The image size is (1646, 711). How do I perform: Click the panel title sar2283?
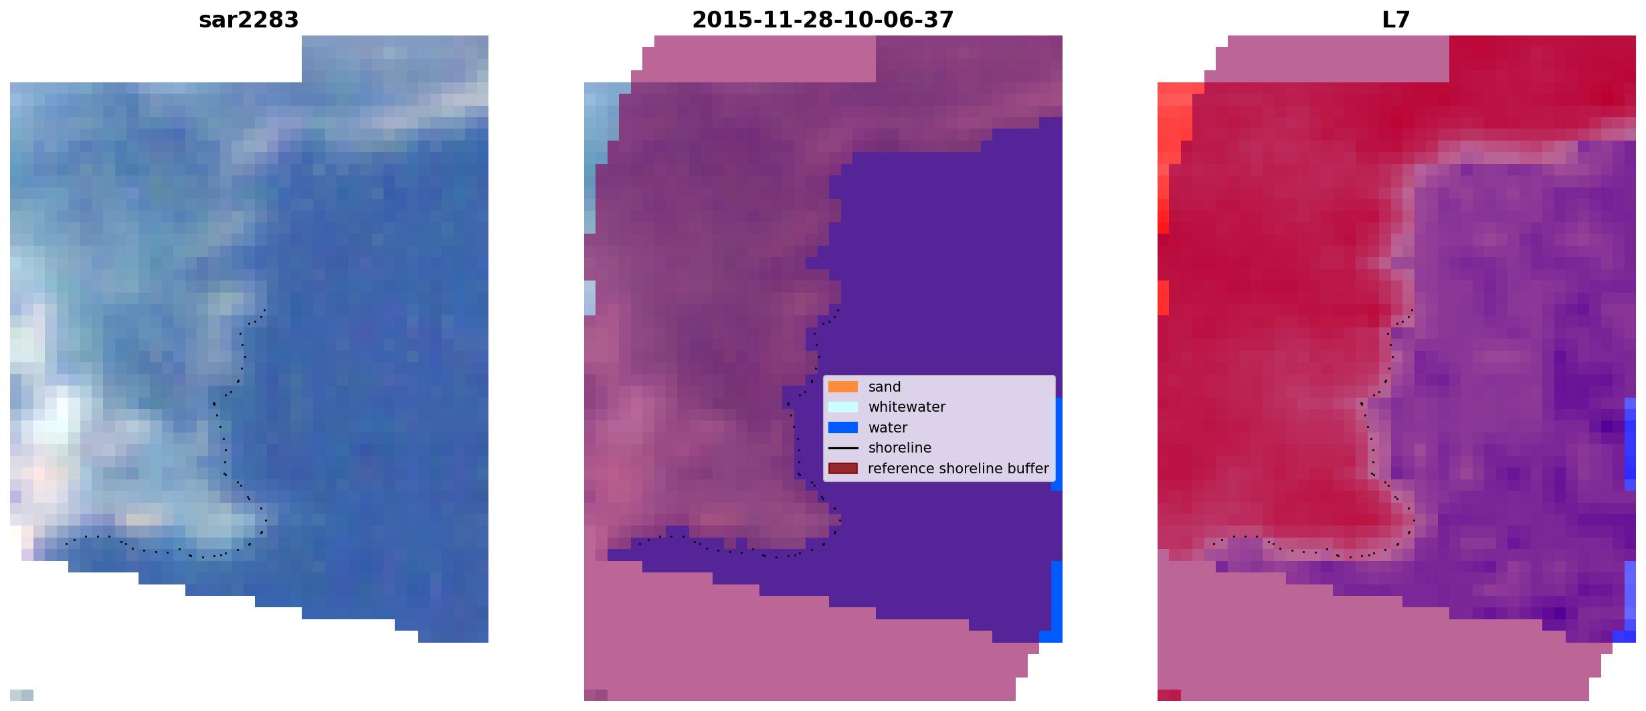click(x=249, y=20)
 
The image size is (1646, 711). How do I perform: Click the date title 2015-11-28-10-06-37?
click(x=823, y=20)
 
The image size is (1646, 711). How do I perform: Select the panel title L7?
click(x=1396, y=20)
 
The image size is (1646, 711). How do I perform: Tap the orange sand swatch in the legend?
click(x=843, y=387)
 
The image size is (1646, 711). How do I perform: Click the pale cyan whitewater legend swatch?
click(x=843, y=407)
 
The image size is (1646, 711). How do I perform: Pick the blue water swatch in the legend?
click(x=843, y=428)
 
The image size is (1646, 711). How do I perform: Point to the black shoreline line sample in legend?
click(x=843, y=448)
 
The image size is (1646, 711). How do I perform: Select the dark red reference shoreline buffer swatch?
click(x=843, y=469)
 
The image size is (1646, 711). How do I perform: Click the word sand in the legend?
click(x=885, y=387)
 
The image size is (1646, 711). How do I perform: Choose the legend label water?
click(x=888, y=428)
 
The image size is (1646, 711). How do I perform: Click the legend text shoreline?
click(x=900, y=448)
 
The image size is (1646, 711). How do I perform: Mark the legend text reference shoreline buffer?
click(x=958, y=469)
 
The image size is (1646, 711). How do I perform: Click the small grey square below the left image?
click(x=21, y=695)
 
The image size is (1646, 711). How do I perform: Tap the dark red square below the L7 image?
click(x=1169, y=695)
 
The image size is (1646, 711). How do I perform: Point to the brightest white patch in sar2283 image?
click(x=57, y=418)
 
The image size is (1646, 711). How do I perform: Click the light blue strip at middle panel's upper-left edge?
click(x=596, y=157)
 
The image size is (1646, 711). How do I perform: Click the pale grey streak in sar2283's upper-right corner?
click(x=428, y=110)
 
